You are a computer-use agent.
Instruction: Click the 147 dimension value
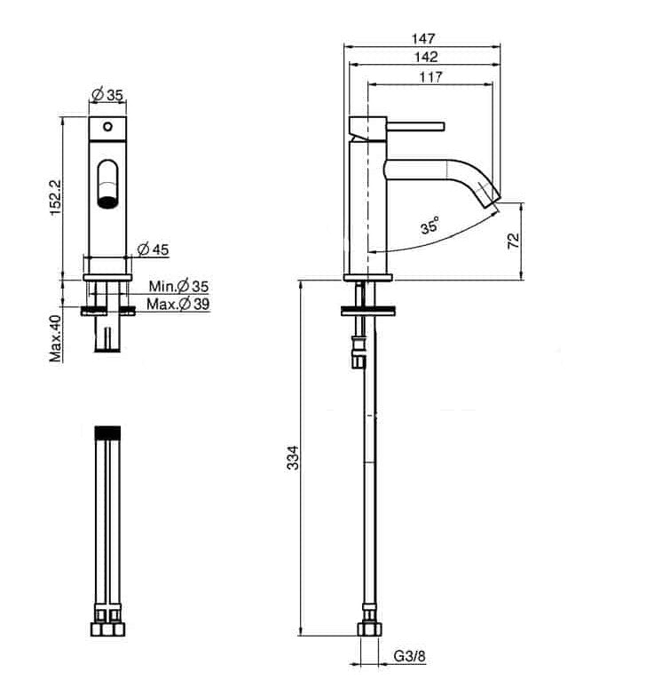[423, 39]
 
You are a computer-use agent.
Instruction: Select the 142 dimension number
[425, 57]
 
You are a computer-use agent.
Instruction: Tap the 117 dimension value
[431, 76]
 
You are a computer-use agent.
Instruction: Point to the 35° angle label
[430, 225]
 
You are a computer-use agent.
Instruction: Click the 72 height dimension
[513, 240]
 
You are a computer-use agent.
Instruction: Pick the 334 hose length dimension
[293, 458]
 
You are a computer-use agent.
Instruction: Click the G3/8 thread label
[410, 656]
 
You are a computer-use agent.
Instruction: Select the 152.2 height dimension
[56, 197]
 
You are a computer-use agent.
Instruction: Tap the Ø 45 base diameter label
[153, 249]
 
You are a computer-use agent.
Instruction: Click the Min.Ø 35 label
[178, 286]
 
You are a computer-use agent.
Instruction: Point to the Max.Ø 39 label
[178, 304]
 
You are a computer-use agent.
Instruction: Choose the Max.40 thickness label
[55, 338]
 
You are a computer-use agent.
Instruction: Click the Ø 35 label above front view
[106, 94]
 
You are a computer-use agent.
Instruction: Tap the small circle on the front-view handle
[108, 126]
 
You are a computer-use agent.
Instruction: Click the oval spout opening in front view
[108, 183]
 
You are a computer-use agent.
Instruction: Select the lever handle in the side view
[415, 126]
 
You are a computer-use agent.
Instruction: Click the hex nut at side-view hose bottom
[368, 629]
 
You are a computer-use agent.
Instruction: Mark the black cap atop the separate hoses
[108, 431]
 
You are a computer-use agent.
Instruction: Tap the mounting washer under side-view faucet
[367, 311]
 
